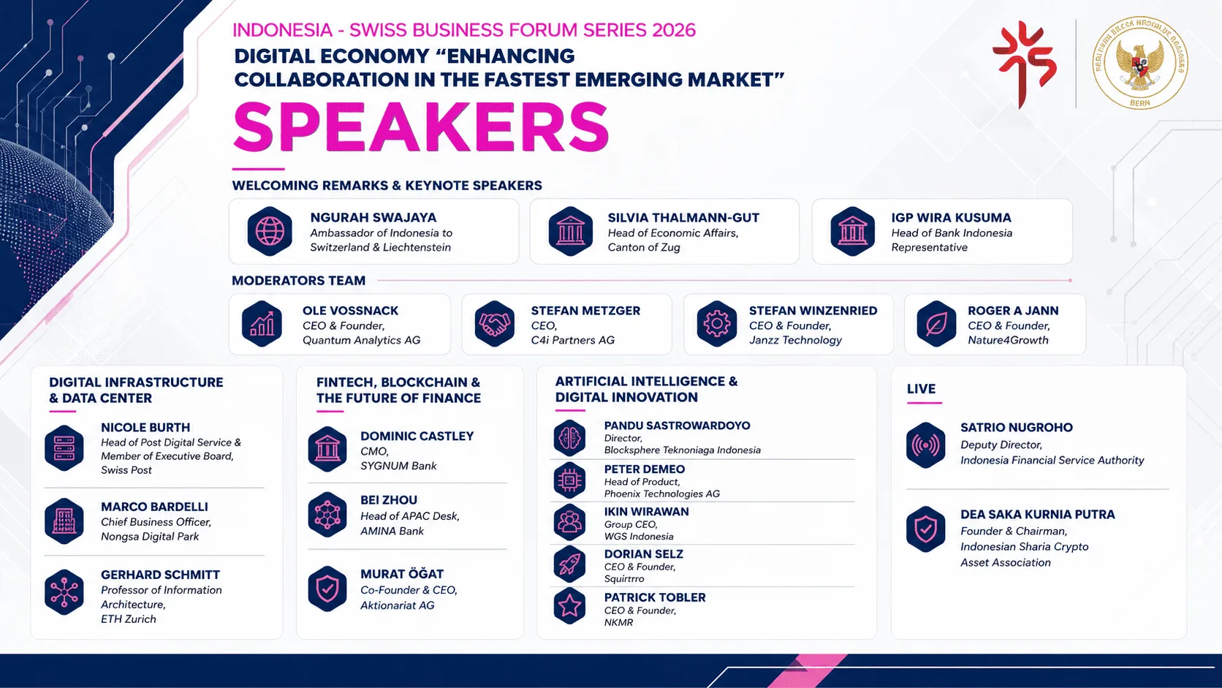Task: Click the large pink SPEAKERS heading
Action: (420, 127)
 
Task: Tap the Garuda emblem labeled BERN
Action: (1139, 62)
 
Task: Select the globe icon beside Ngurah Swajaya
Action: (270, 231)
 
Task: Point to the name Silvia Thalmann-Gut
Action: (683, 218)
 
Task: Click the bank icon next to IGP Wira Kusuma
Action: (852, 231)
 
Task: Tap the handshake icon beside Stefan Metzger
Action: (494, 324)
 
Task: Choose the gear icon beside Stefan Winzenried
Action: (717, 324)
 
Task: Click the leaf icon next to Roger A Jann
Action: (936, 324)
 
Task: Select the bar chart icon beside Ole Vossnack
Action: (262, 324)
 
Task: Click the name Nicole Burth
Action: (145, 427)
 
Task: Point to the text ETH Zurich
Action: (128, 619)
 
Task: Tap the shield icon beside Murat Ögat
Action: (327, 589)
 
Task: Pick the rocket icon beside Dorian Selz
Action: (569, 564)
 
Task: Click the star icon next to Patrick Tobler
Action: (569, 605)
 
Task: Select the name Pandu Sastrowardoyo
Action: (677, 426)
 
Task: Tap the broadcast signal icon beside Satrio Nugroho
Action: (926, 445)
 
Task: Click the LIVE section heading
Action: (922, 389)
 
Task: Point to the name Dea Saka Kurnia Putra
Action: (1038, 515)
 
